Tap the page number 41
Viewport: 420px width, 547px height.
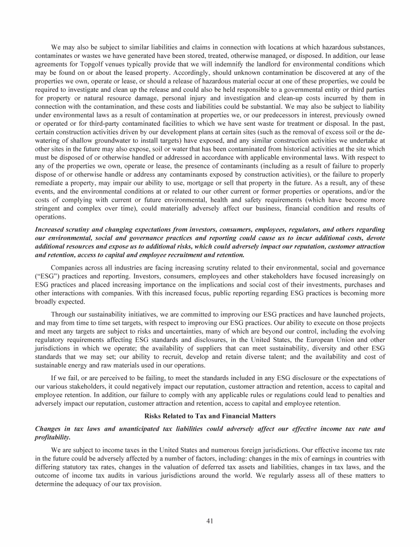tap(209, 520)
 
